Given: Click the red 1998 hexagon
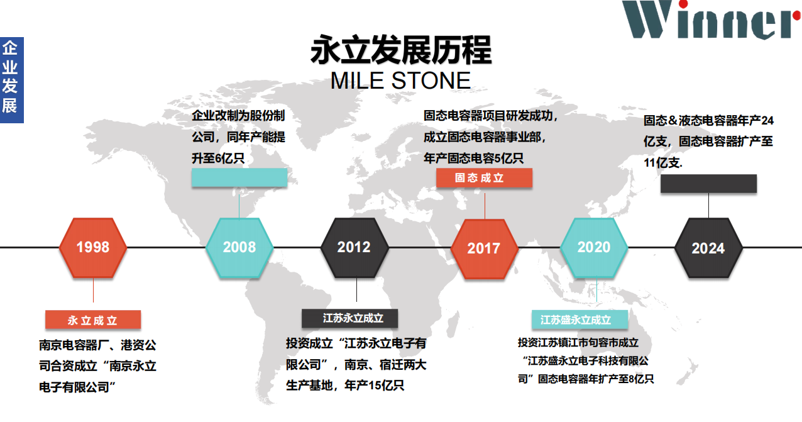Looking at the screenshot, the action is [93, 248].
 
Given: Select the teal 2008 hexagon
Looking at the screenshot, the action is [239, 248].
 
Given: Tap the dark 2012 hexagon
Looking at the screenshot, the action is [354, 248].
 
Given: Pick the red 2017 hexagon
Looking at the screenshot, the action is [485, 248].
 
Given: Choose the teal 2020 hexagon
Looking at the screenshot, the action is [594, 248].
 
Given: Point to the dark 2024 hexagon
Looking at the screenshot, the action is [708, 248].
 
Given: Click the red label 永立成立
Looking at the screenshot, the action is [93, 319].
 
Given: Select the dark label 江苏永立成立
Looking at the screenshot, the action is [350, 318].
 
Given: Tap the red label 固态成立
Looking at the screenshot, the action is [484, 178].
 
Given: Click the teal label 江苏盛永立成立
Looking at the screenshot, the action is [580, 319].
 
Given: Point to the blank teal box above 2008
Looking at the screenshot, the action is [239, 177].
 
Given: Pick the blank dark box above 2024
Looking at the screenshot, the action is [708, 184].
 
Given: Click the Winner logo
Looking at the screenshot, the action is [711, 19].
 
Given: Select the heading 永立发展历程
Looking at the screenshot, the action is [401, 50].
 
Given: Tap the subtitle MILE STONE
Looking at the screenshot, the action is [400, 81].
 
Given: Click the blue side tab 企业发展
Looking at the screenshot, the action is [12, 80].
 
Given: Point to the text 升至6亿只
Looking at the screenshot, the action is [218, 158].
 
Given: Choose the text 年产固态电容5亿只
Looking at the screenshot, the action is [473, 158].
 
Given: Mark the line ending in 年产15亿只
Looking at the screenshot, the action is [345, 386].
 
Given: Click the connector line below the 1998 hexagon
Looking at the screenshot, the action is [93, 291].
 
